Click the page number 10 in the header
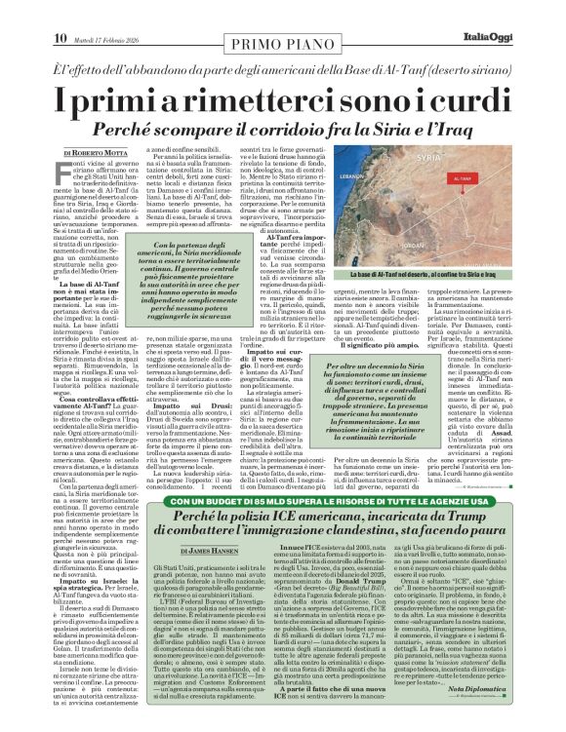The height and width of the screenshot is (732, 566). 20,11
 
